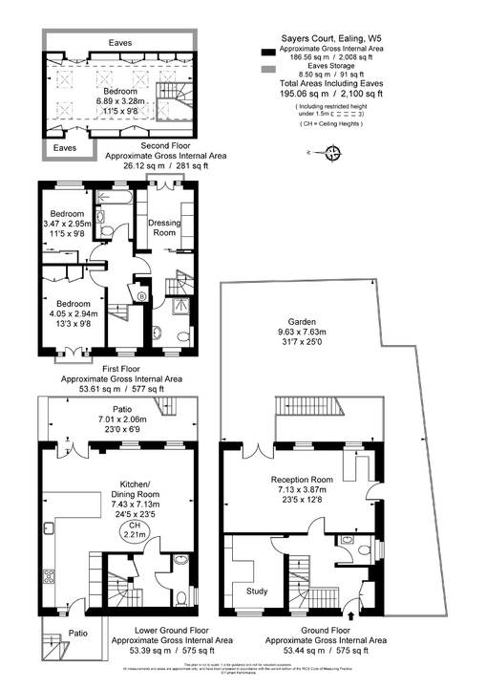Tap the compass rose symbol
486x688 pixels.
(x=333, y=152)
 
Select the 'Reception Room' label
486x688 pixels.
(x=302, y=479)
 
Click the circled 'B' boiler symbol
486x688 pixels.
(x=142, y=297)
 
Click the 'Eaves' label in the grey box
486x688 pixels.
(x=65, y=149)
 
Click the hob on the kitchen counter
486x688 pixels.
(x=47, y=579)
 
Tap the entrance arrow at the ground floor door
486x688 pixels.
(x=358, y=616)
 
